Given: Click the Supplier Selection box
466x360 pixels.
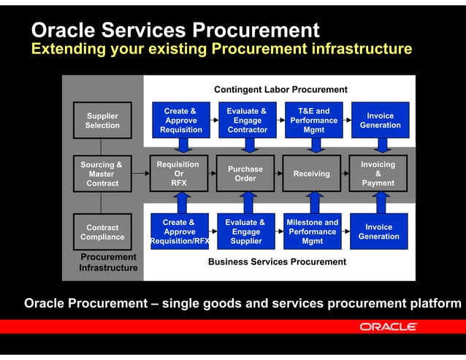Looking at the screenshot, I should click(102, 120).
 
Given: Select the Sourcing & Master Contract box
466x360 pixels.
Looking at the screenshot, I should click(102, 174).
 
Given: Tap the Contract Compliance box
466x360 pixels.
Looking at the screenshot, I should click(102, 232).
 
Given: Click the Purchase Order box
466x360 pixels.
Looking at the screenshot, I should click(245, 174).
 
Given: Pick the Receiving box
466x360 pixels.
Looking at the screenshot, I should click(311, 174).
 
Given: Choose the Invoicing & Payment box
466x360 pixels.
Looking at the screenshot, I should click(378, 174).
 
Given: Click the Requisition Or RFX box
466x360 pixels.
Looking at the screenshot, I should click(178, 174).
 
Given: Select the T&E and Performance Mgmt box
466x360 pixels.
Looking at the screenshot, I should click(313, 120).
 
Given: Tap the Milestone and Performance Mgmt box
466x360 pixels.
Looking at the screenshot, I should click(312, 231).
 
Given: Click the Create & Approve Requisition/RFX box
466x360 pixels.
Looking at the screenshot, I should click(180, 231).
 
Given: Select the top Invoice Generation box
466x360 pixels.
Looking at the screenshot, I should click(380, 120).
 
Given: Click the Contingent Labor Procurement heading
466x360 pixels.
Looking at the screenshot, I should click(280, 90).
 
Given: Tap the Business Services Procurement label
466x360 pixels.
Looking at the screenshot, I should click(277, 261).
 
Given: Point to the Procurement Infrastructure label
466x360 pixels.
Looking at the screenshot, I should click(108, 263).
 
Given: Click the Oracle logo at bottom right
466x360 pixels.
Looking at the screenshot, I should click(388, 326).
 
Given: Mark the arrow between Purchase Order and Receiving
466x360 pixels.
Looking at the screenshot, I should click(278, 174).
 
